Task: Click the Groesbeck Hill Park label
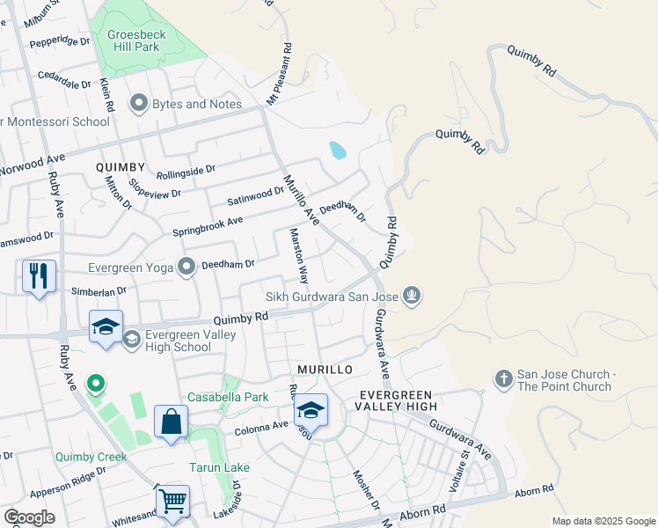tap(143, 41)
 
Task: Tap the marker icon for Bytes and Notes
tap(138, 105)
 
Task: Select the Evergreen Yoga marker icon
tap(186, 266)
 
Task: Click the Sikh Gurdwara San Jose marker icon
tap(411, 296)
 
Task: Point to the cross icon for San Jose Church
tap(503, 378)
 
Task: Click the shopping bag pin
tap(171, 421)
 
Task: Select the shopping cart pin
tap(172, 501)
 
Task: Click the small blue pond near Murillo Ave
tap(337, 150)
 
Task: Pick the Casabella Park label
tap(226, 398)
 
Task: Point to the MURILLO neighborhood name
tap(325, 369)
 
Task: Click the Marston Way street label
tap(298, 257)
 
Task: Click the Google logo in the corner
tap(29, 517)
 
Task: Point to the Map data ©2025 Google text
tap(603, 521)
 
